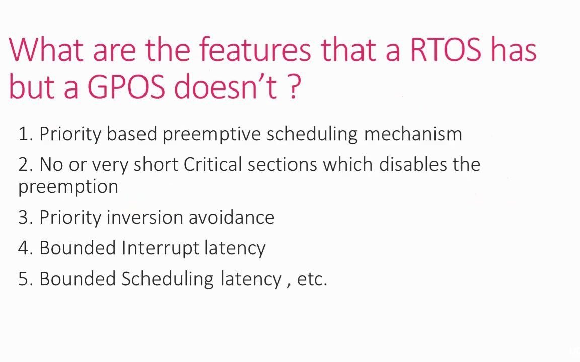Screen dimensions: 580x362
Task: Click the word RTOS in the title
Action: pyautogui.click(x=446, y=49)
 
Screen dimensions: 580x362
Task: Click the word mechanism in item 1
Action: pyautogui.click(x=413, y=133)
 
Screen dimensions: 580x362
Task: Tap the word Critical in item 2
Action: pyautogui.click(x=212, y=164)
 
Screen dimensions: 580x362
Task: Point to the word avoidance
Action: pyautogui.click(x=232, y=217)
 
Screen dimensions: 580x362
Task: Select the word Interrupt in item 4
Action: pyautogui.click(x=160, y=248)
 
